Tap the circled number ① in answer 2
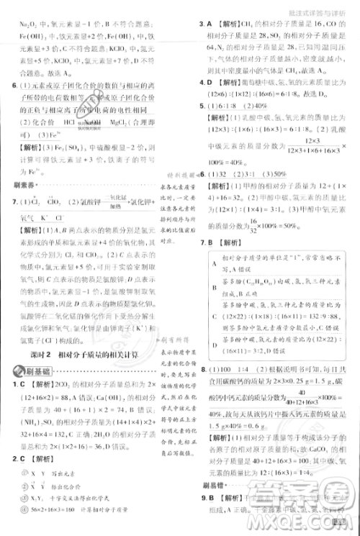pyautogui.click(x=26, y=487)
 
